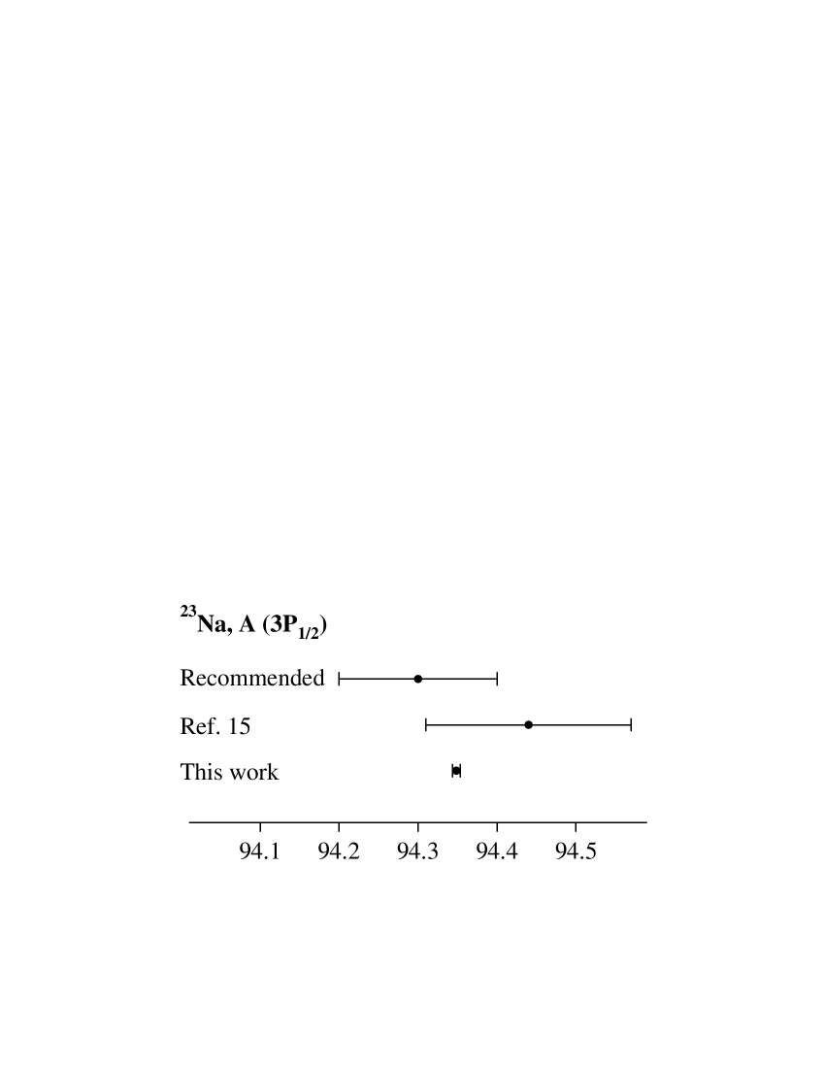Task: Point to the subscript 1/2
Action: [x=308, y=633]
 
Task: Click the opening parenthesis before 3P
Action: [x=266, y=625]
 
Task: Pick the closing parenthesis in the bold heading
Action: [x=324, y=625]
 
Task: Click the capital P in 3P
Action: [x=289, y=624]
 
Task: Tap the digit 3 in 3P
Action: [x=277, y=624]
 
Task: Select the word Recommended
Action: [x=252, y=678]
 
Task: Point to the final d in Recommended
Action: [x=318, y=678]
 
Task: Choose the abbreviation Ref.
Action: [x=198, y=725]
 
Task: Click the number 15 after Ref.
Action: [x=240, y=725]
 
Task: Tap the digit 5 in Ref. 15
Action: [x=246, y=725]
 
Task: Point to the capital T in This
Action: [x=186, y=772]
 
